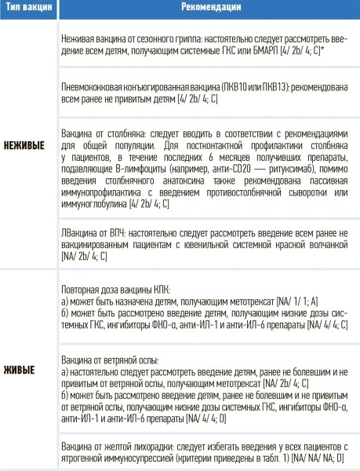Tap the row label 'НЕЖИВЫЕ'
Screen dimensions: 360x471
click(x=25, y=146)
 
